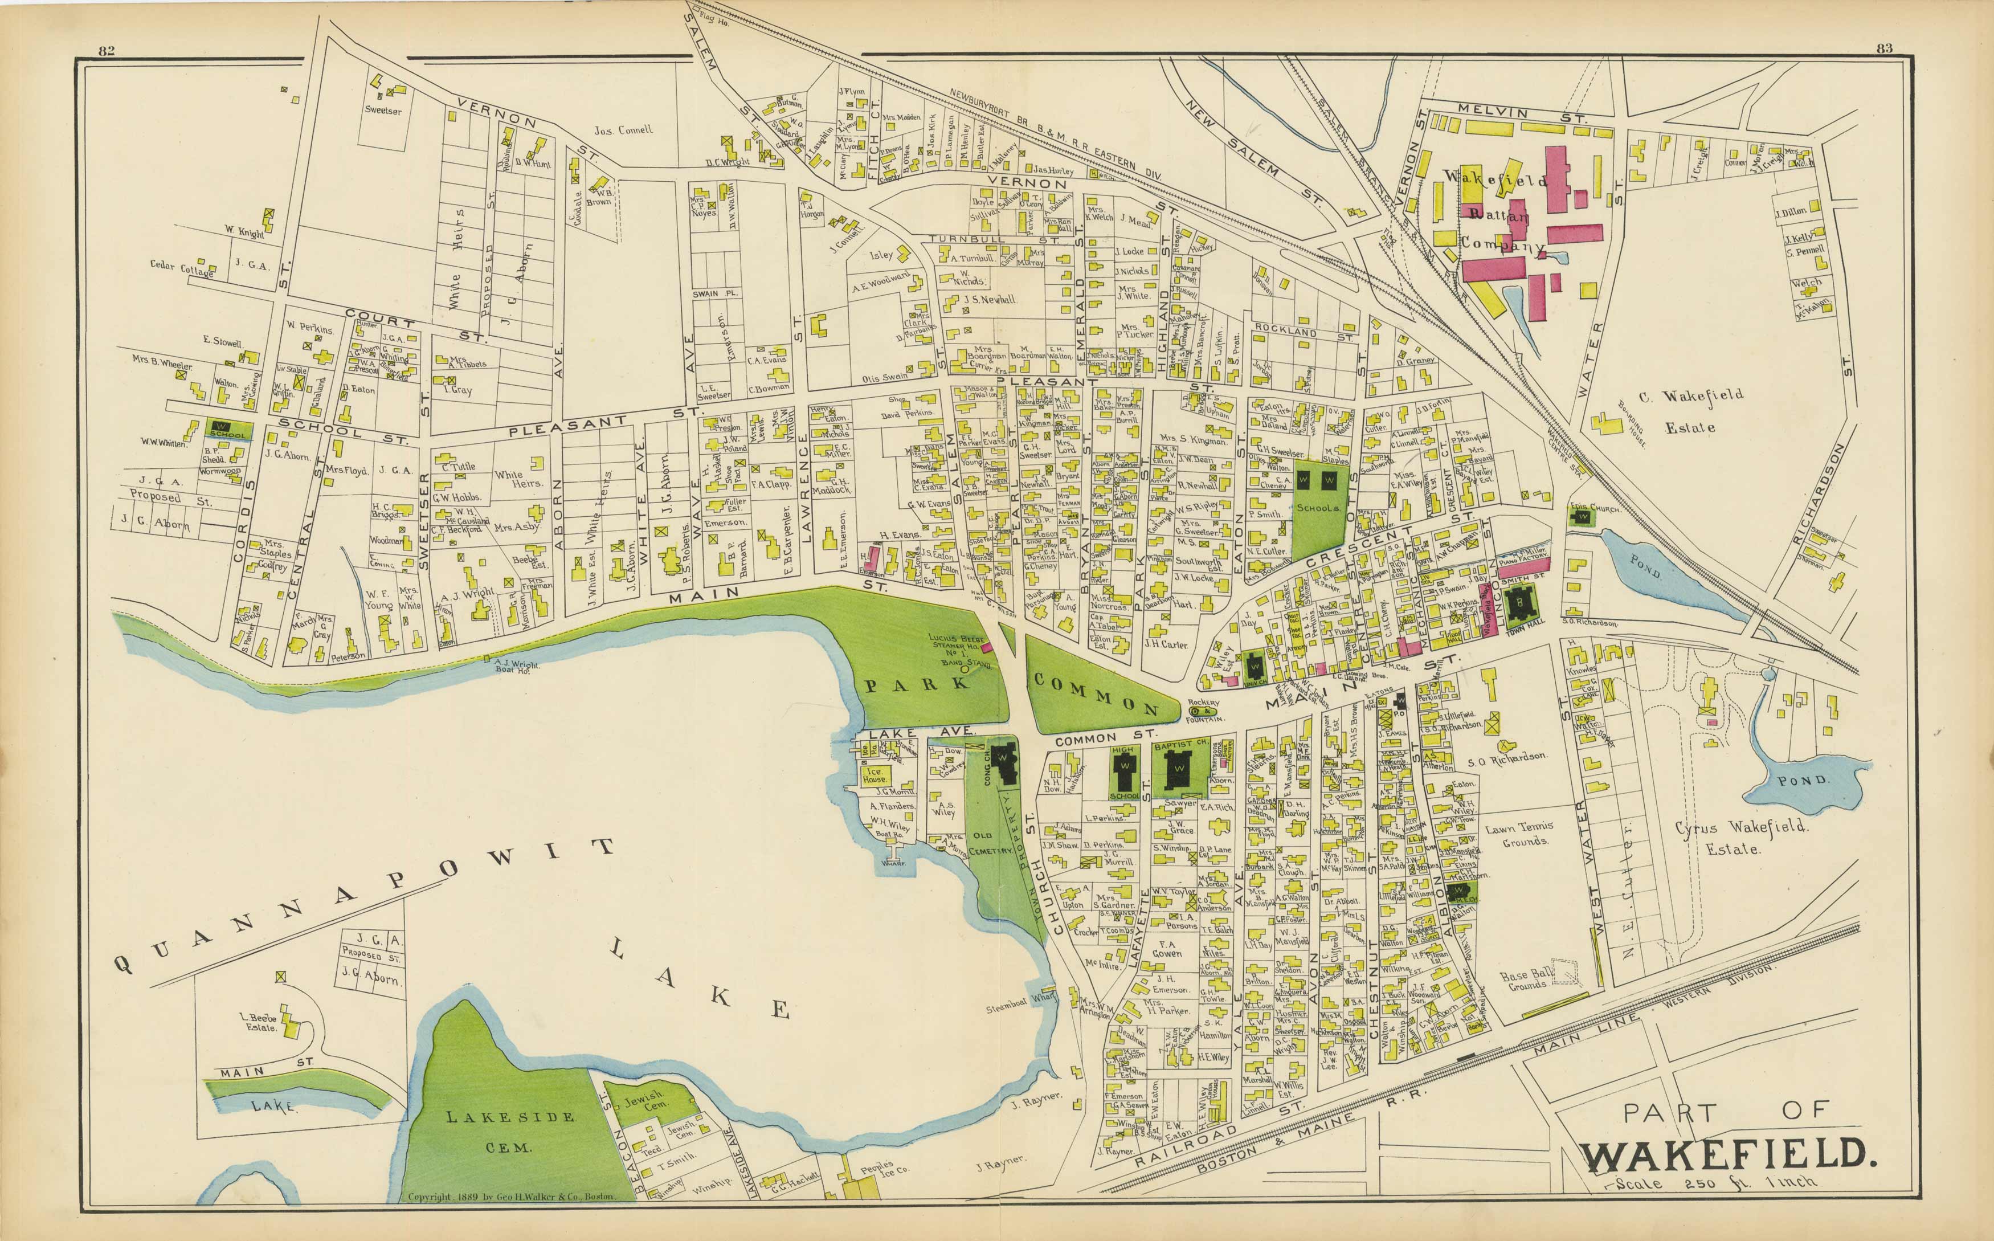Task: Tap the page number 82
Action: click(x=106, y=50)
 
